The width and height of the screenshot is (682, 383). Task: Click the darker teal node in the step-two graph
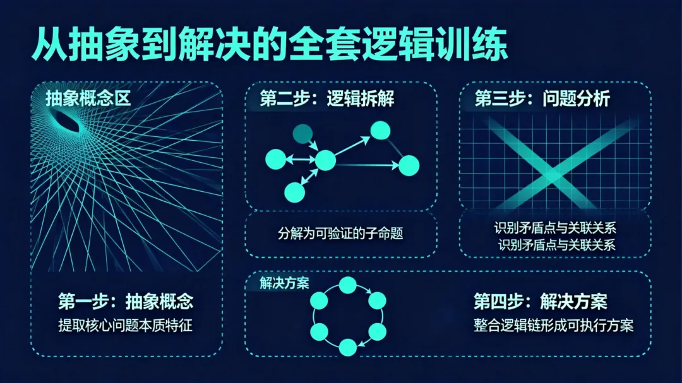(x=302, y=133)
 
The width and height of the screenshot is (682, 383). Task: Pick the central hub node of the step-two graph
(x=325, y=162)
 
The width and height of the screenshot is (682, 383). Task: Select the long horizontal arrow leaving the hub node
(x=366, y=165)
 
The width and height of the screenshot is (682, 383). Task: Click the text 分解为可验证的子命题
(x=340, y=233)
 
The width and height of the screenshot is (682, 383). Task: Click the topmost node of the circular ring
(x=347, y=285)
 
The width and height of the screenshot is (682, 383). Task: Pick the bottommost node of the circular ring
(x=347, y=346)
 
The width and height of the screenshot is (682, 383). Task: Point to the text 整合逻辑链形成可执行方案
(x=553, y=326)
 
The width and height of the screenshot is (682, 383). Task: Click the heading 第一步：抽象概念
(x=125, y=302)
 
